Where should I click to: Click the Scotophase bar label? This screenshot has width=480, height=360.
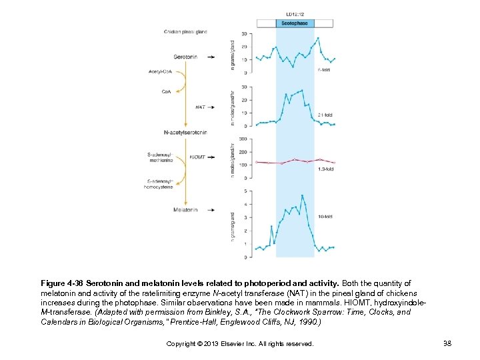[x=295, y=23]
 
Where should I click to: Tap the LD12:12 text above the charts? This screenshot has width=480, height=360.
[x=295, y=13]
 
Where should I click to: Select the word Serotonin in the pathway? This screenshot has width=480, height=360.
[x=185, y=57]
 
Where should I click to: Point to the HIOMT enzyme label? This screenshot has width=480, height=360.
[x=197, y=157]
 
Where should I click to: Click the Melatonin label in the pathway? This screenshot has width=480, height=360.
[x=185, y=209]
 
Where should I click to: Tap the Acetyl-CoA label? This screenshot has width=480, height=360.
[x=160, y=71]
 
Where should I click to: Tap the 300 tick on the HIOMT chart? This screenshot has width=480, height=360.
[x=243, y=139]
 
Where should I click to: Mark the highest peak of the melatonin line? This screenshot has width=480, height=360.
[x=302, y=195]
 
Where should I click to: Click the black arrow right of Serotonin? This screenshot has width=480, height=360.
[x=211, y=57]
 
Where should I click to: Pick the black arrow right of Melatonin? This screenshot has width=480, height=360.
[x=211, y=209]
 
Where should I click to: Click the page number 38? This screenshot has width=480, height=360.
[x=446, y=343]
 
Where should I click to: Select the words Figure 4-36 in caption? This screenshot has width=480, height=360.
[x=62, y=283]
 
